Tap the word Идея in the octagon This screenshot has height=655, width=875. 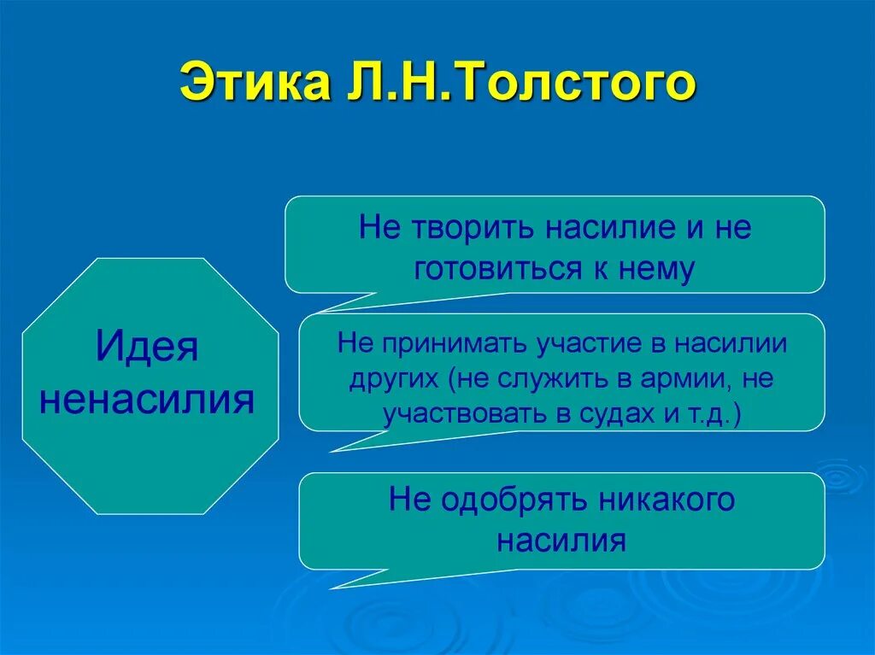147,346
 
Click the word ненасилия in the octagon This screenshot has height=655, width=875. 147,399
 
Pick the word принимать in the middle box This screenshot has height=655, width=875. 454,343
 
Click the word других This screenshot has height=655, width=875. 394,379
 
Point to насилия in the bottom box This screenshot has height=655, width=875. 561,540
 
